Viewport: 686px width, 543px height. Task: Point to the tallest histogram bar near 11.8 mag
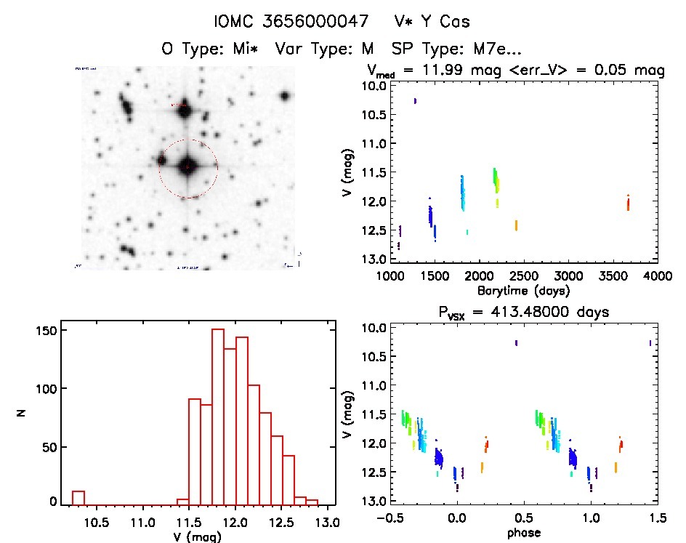[x=217, y=416]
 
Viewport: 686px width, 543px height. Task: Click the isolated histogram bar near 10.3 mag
[x=78, y=497]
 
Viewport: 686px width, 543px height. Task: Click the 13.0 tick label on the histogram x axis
[x=328, y=523]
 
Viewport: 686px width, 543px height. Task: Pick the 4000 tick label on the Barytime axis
[x=657, y=276]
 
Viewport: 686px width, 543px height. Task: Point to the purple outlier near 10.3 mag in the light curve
[x=415, y=101]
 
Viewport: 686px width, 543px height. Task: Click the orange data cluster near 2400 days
[x=516, y=225]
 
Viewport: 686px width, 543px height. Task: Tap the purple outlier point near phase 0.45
[x=516, y=342]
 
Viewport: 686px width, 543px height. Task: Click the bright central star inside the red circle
[x=187, y=166]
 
